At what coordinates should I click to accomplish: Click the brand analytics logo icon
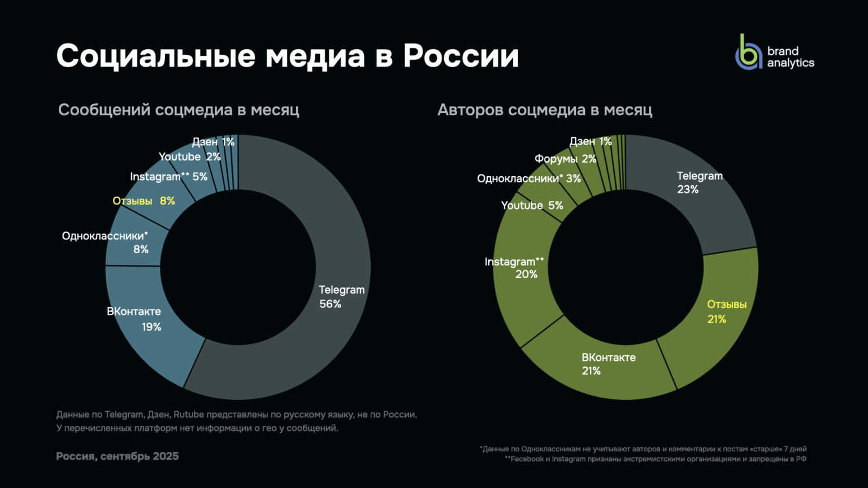[x=749, y=53]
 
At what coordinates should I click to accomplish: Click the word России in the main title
[x=461, y=56]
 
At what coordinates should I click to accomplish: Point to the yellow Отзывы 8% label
[x=144, y=201]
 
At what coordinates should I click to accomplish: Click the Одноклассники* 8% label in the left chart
[x=105, y=242]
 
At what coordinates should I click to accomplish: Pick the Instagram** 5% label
[x=168, y=177]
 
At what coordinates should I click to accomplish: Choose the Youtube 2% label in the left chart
[x=189, y=157]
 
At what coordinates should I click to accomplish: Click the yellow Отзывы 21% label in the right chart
[x=727, y=311]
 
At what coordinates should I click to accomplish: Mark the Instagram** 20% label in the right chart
[x=514, y=268]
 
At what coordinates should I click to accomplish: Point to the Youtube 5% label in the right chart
[x=532, y=206]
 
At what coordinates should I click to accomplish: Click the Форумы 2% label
[x=565, y=159]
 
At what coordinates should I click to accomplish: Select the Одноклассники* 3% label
[x=528, y=179]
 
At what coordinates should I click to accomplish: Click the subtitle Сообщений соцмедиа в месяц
[x=179, y=110]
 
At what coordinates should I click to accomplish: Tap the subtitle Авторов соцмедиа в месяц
[x=545, y=110]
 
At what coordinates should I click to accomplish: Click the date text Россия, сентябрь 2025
[x=118, y=456]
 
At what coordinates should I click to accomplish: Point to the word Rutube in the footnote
[x=188, y=415]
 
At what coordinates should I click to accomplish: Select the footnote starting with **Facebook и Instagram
[x=656, y=459]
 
